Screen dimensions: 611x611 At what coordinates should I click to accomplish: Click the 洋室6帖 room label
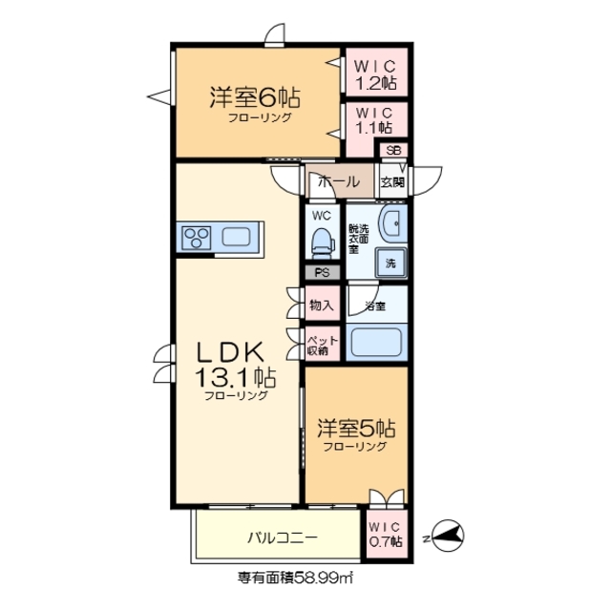(x=255, y=97)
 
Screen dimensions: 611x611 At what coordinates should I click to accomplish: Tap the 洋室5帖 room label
(x=355, y=430)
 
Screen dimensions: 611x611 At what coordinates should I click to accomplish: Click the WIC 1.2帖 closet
(x=375, y=74)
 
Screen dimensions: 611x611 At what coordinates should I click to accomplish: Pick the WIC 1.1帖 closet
(x=375, y=119)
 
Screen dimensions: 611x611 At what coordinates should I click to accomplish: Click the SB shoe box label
(x=393, y=151)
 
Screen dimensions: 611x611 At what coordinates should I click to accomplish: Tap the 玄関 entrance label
(x=392, y=181)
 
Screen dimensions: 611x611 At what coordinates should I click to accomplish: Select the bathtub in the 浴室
(x=377, y=341)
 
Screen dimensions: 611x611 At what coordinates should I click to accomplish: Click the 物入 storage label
(x=322, y=305)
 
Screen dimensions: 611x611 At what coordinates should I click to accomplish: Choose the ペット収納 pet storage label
(x=318, y=344)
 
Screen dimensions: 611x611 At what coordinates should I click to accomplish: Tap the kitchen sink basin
(x=237, y=237)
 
